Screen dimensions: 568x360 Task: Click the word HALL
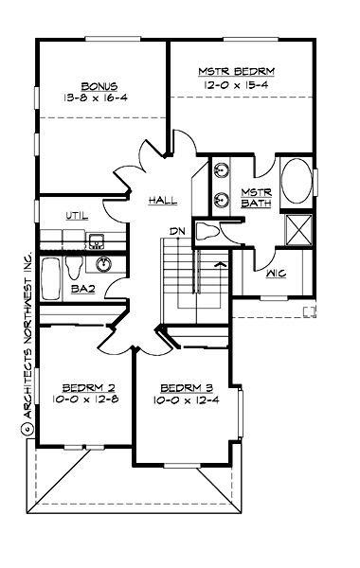[x=164, y=202]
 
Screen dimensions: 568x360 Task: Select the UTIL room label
[x=78, y=216]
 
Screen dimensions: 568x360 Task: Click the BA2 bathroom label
[x=82, y=290]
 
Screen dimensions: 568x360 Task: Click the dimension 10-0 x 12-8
[x=87, y=399]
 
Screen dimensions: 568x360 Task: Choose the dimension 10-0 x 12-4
[x=186, y=399]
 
